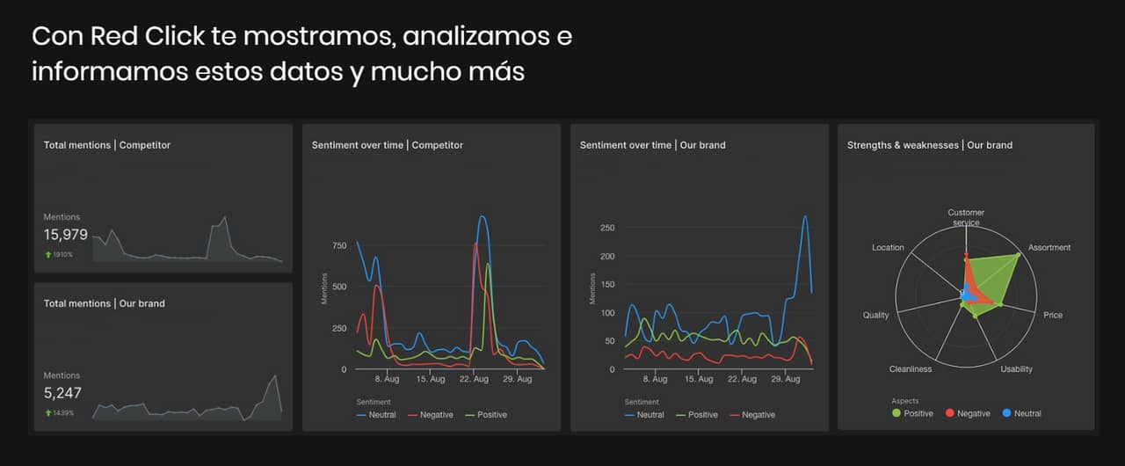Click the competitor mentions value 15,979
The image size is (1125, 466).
[66, 235]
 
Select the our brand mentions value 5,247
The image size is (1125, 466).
[62, 393]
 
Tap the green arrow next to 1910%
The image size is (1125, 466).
[47, 254]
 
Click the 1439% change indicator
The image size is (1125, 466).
[63, 412]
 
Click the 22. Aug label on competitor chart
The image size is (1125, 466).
[475, 379]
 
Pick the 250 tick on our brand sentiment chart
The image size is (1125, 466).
[606, 228]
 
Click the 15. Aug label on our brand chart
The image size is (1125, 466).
[700, 379]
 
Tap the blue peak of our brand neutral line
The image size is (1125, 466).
[804, 216]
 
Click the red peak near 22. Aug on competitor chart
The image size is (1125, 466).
[475, 244]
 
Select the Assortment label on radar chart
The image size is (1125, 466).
[1049, 248]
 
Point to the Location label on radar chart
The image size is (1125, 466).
[888, 248]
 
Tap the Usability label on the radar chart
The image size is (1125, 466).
[1016, 369]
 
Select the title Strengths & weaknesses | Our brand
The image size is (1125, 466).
[929, 145]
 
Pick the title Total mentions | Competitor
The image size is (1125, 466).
[107, 145]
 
